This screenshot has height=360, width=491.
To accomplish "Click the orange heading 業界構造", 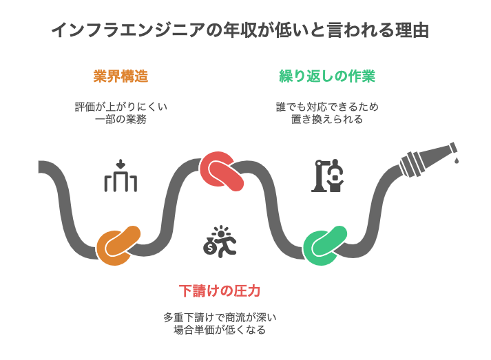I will tap(121, 76).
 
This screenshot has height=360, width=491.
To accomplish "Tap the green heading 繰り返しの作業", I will tap(327, 76).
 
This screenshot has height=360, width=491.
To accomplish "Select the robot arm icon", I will tap(327, 176).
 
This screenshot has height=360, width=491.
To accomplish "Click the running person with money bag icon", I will tap(224, 242).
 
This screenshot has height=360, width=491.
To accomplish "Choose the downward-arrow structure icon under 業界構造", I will tap(121, 176).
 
